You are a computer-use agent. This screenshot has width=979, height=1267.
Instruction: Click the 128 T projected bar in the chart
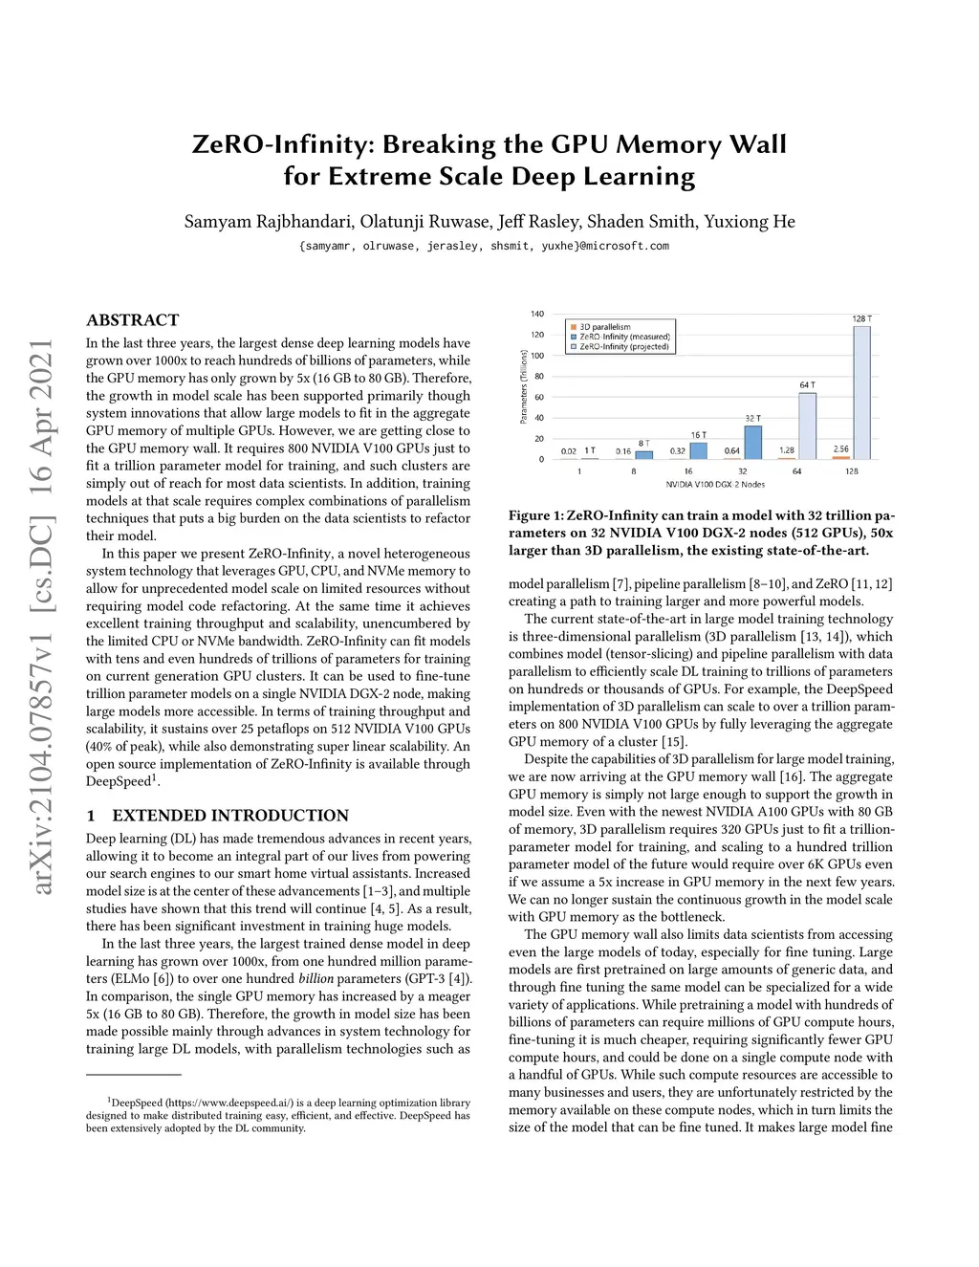(861, 392)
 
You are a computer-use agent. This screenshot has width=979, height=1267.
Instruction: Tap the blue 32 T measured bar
(752, 442)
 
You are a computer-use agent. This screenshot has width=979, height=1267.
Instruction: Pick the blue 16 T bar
(699, 450)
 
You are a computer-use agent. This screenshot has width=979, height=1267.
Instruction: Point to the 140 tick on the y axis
(537, 315)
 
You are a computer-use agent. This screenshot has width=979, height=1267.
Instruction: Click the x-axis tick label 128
(852, 471)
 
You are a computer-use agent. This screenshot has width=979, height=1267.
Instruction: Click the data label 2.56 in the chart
(840, 448)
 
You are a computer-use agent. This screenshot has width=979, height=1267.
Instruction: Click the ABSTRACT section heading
(132, 320)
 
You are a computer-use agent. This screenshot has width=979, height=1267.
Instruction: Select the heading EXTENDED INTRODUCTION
(230, 816)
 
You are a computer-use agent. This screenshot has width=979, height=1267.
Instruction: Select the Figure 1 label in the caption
(542, 516)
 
